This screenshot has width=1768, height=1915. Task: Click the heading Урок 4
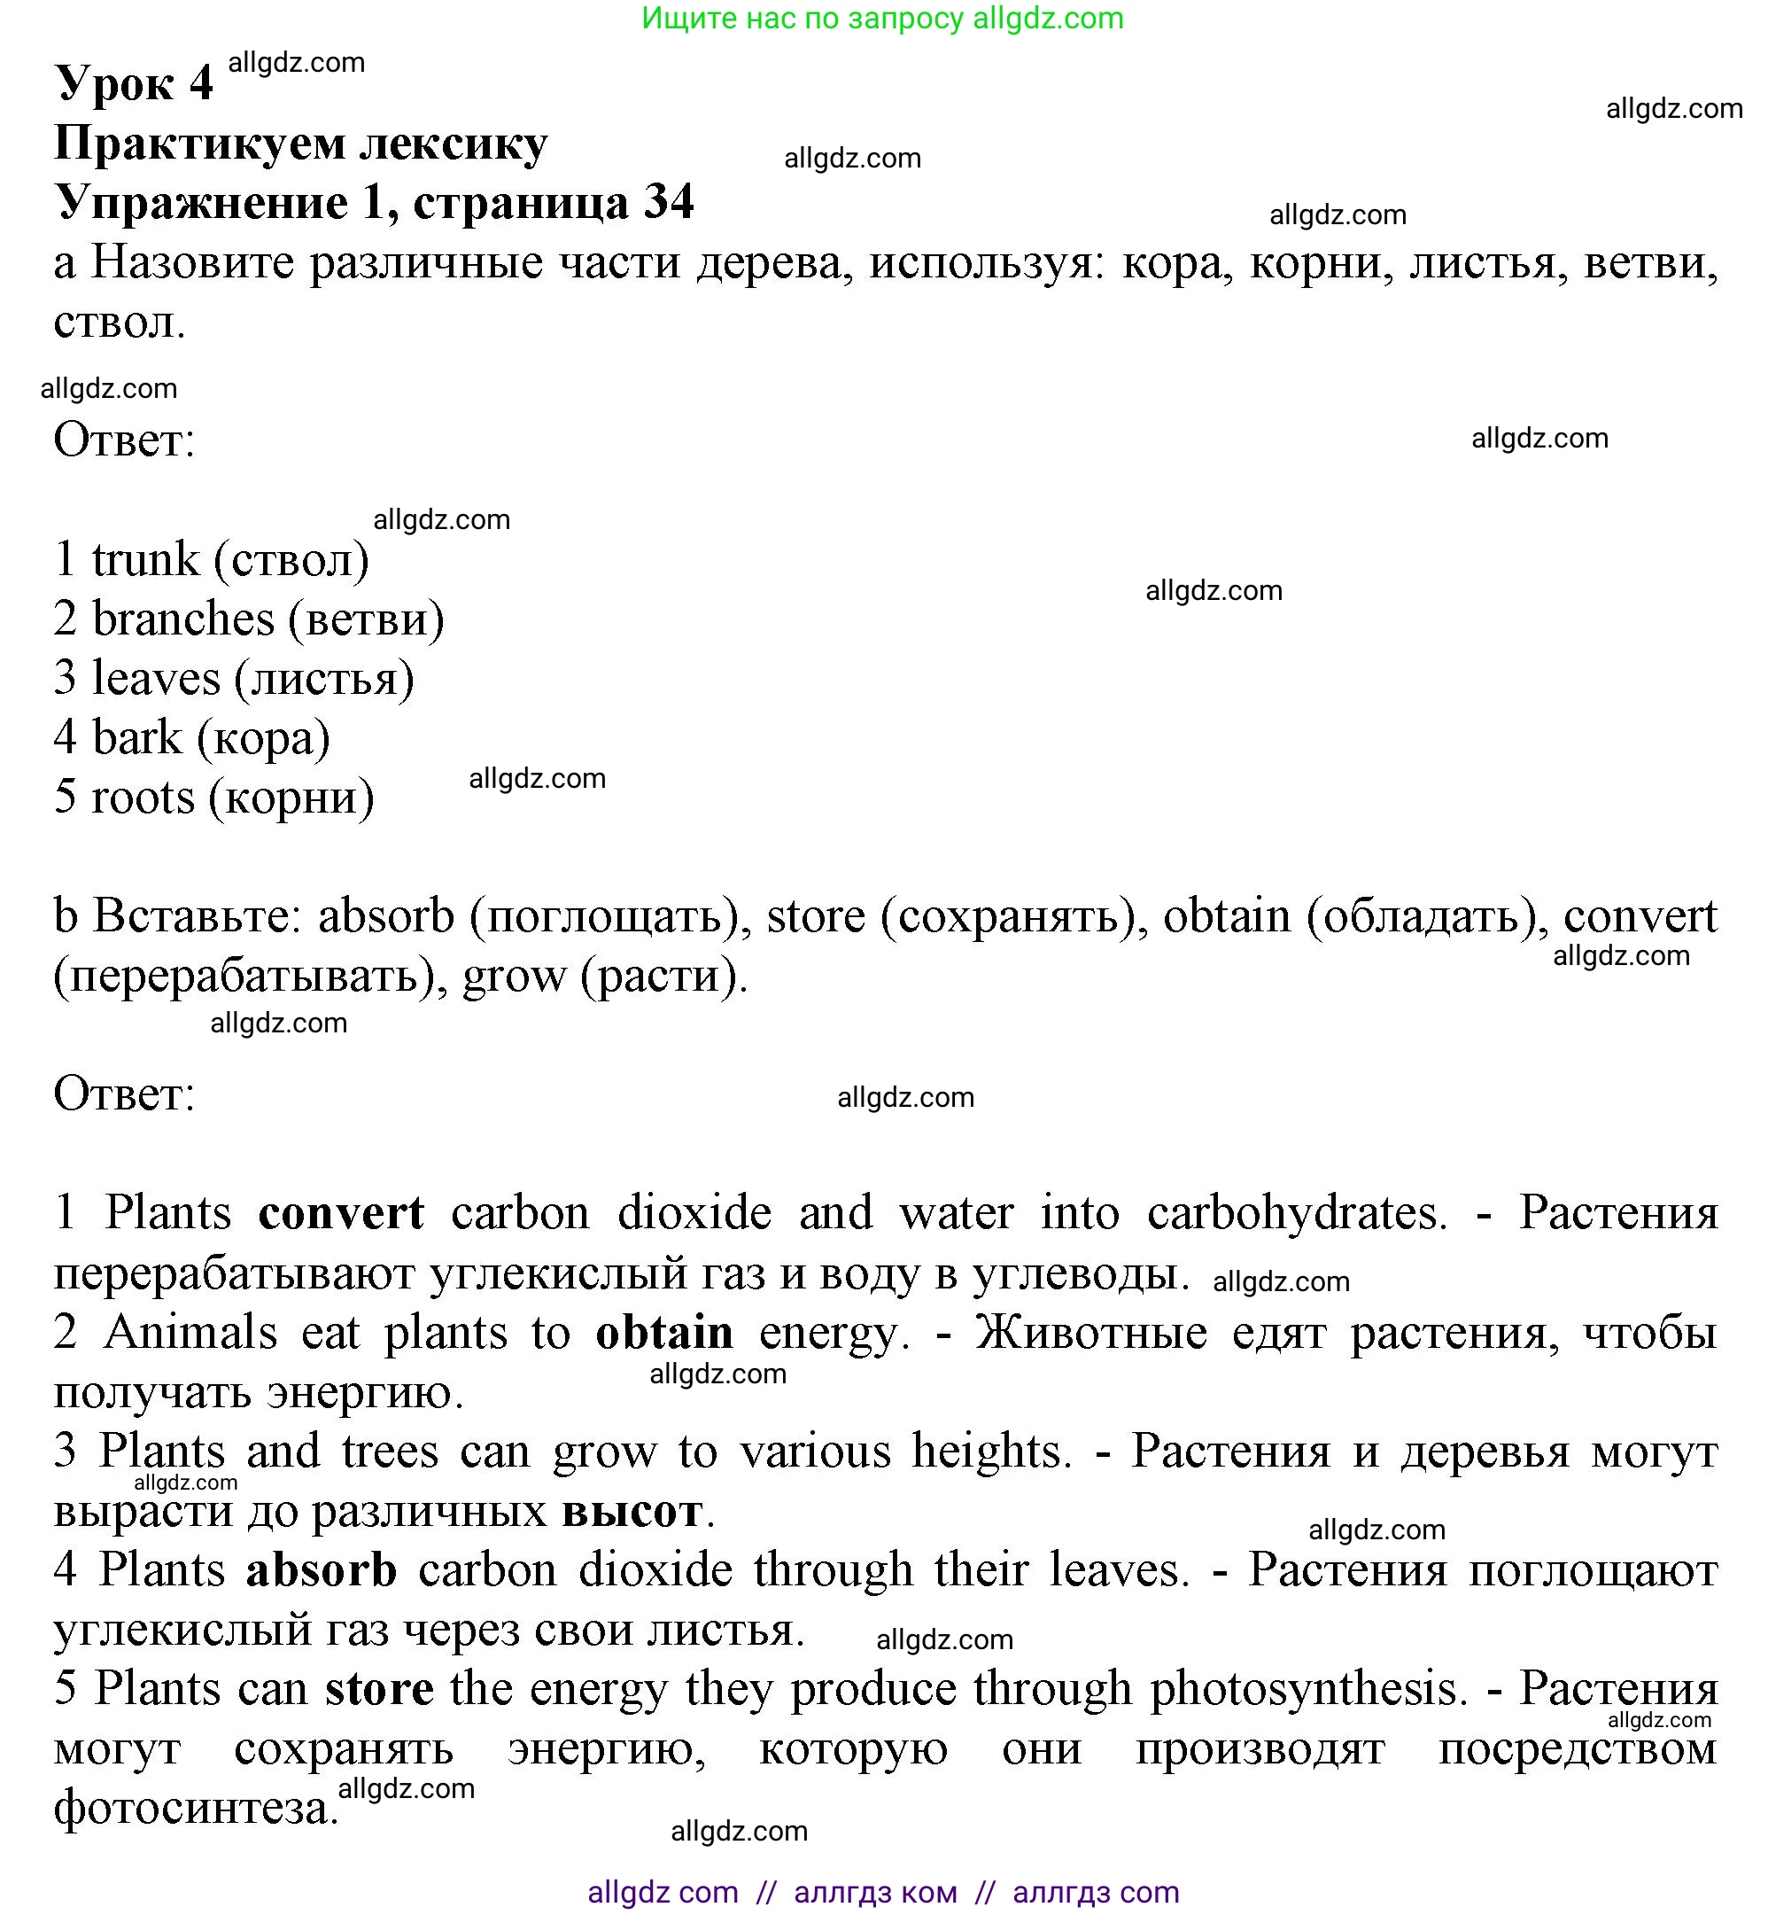[x=134, y=83]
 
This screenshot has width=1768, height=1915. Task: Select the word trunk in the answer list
[x=145, y=559]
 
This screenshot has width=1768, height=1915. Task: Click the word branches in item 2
[x=182, y=619]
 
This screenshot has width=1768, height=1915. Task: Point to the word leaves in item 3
[x=156, y=679]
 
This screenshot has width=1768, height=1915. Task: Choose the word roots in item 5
[x=143, y=798]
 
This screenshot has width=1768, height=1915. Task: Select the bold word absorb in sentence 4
[x=322, y=1570]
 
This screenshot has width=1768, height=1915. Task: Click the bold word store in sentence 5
[x=380, y=1689]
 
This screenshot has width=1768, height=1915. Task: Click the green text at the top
[x=882, y=19]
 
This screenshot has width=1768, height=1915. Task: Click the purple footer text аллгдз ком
[x=875, y=1893]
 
